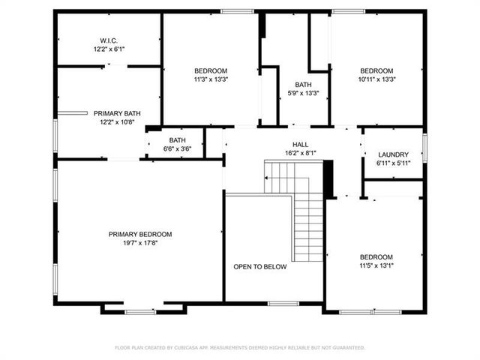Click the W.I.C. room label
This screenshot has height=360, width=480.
(x=109, y=40)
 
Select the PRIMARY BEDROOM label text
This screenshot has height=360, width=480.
(x=140, y=234)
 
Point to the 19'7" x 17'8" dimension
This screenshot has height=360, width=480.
(x=140, y=242)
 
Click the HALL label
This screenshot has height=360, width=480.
(x=300, y=145)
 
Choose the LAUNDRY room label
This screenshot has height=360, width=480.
(x=393, y=154)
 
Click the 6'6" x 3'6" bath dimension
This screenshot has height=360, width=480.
(x=178, y=148)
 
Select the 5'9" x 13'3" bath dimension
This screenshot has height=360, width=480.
(x=303, y=93)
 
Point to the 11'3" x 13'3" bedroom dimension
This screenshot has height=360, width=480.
(x=211, y=79)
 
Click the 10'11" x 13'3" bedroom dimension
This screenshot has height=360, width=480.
(x=376, y=79)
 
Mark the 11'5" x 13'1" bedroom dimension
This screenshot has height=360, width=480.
(x=376, y=265)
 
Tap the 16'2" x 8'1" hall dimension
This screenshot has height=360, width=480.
(x=300, y=153)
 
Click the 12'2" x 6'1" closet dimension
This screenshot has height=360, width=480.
(x=109, y=49)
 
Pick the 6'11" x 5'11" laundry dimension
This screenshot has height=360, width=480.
(x=393, y=163)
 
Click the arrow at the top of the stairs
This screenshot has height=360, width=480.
(x=266, y=178)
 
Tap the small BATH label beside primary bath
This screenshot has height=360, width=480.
(x=178, y=140)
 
